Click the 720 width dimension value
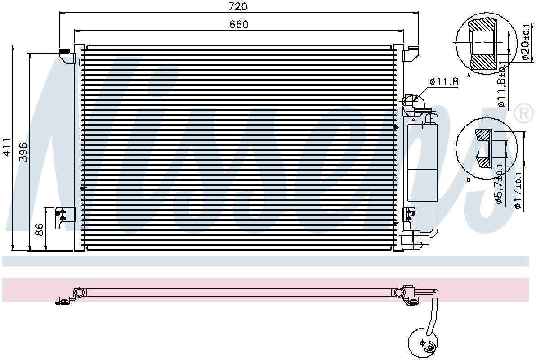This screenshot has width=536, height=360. click(x=238, y=6)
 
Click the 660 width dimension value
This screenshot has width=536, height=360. click(x=239, y=24)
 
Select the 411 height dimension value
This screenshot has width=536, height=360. click(x=7, y=147)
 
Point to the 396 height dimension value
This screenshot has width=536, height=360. click(x=23, y=152)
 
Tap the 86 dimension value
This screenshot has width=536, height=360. click(x=39, y=230)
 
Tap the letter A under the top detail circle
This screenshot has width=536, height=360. click(x=469, y=76)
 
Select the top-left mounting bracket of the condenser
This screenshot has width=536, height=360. click(x=67, y=56)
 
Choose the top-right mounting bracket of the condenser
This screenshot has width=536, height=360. click(x=411, y=54)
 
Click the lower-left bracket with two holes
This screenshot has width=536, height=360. click(x=61, y=217)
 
